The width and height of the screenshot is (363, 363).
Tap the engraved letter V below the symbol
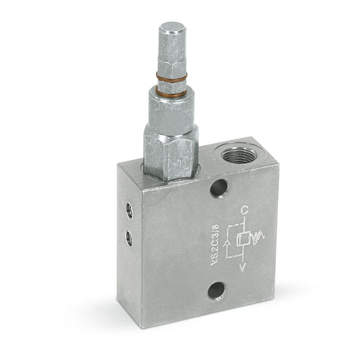[242, 267]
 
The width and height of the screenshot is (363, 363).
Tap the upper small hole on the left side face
[129, 210]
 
